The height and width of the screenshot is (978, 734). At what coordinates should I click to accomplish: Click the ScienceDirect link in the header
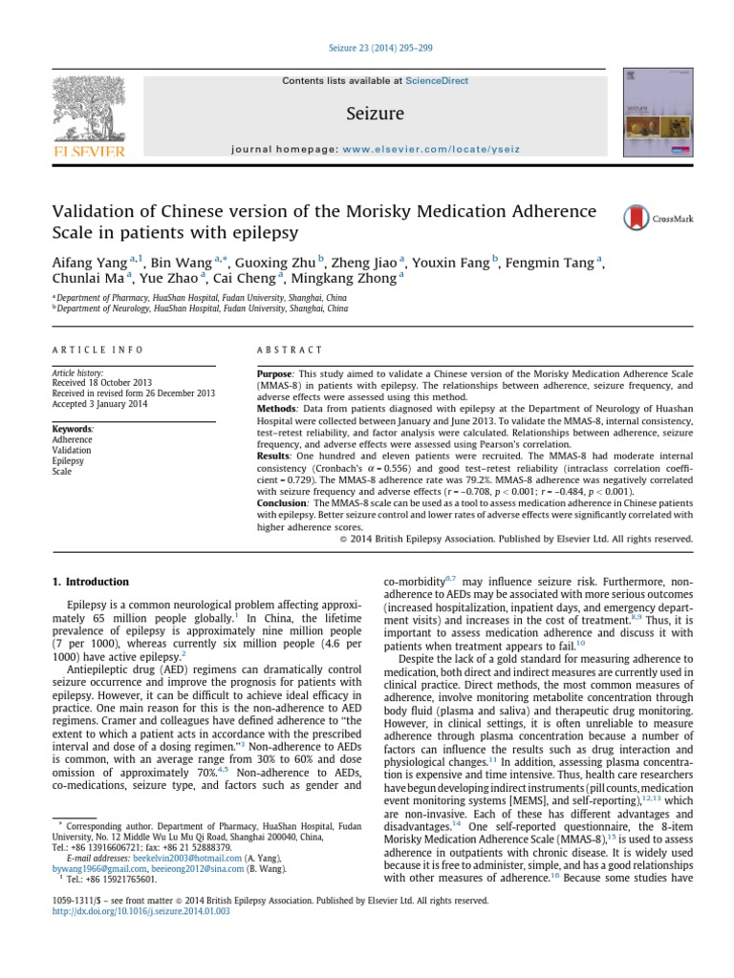point(437,81)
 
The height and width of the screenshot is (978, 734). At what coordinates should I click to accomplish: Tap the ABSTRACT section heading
point(284,351)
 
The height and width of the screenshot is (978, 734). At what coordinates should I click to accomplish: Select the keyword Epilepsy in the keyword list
point(68,461)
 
